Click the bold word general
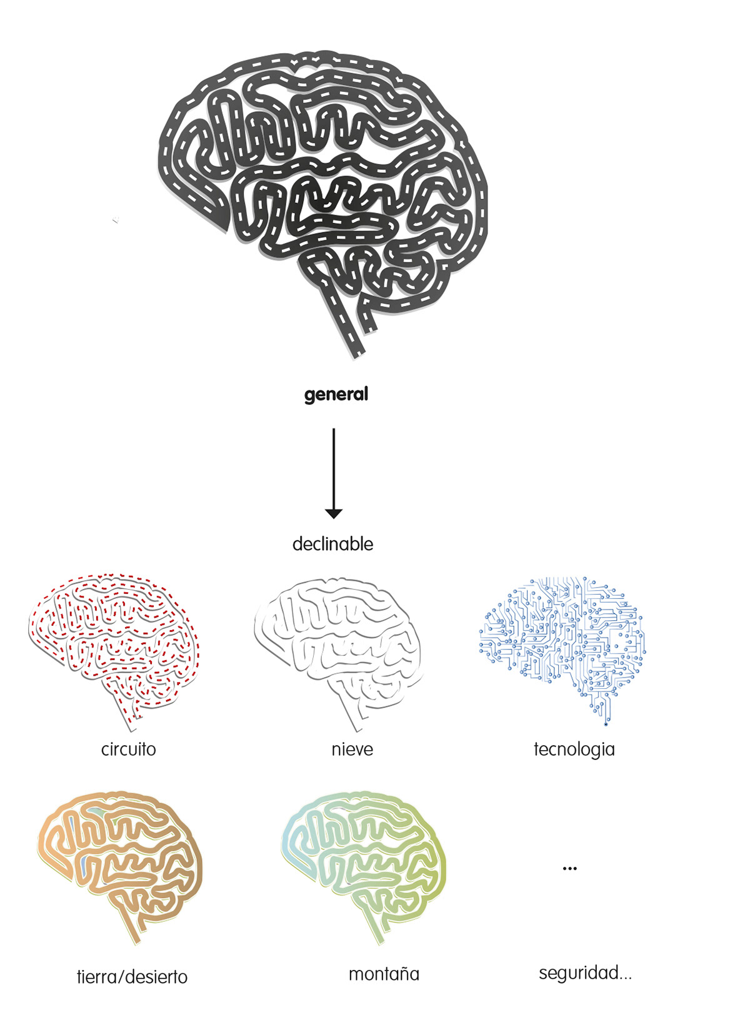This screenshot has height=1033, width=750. click(336, 395)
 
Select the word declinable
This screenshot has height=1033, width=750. click(332, 544)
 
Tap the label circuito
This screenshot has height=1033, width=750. click(128, 749)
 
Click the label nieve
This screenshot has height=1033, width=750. click(352, 749)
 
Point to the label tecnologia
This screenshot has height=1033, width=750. click(574, 749)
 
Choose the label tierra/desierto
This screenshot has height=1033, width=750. click(132, 976)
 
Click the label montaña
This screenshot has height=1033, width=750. click(384, 974)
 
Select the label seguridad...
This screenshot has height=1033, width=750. click(585, 972)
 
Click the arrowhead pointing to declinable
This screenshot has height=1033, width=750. click(334, 513)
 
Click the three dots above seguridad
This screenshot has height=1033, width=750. click(569, 868)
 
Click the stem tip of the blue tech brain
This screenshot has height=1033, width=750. click(606, 723)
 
